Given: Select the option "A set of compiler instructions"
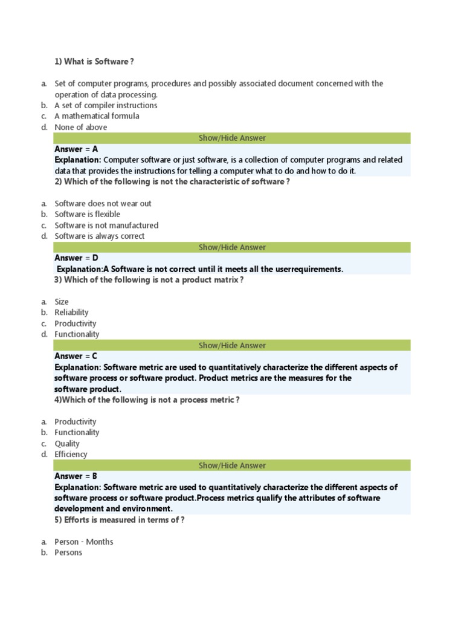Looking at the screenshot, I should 106,105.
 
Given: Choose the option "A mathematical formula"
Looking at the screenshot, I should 97,116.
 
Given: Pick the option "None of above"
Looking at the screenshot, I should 81,127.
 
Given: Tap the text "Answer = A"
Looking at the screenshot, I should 76,149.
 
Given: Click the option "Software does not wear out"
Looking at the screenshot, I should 103,203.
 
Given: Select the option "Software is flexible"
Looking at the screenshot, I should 87,214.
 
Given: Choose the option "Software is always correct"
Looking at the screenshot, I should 100,236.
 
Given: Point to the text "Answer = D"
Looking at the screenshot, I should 76,258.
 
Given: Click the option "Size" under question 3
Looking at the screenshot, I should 62,301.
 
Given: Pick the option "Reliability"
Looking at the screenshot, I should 71,312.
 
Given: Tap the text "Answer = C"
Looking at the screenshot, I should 76,356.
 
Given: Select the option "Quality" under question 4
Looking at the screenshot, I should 67,443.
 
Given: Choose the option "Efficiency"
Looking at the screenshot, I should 71,454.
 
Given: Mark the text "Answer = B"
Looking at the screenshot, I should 76,476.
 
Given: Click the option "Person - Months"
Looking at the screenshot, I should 84,542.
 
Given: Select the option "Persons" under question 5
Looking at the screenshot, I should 68,553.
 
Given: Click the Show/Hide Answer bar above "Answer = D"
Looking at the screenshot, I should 232,247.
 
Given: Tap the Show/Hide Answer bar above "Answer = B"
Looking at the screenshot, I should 232,465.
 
